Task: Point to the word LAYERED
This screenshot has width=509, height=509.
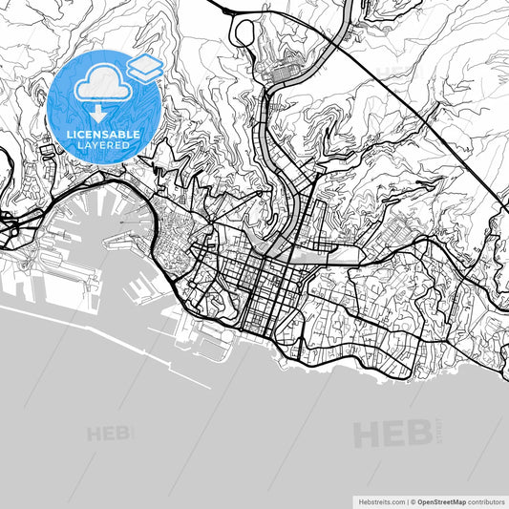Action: tap(104, 147)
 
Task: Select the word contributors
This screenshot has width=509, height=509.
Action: tap(486, 501)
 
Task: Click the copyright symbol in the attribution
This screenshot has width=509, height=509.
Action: tap(414, 501)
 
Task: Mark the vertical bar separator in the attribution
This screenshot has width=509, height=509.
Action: tap(406, 501)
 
